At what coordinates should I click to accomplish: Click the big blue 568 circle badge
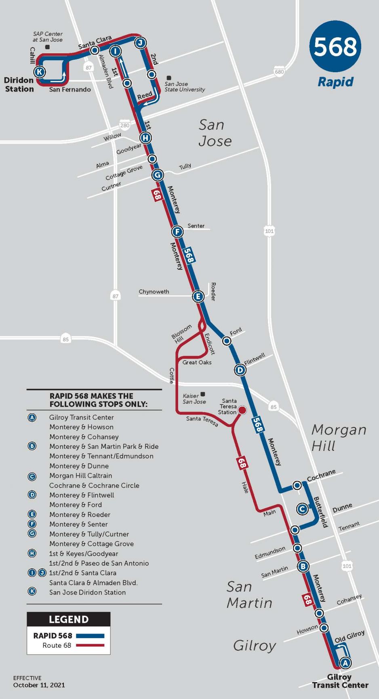tap(335, 46)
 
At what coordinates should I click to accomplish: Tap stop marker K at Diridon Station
tap(39, 72)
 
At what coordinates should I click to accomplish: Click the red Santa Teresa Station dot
tap(242, 410)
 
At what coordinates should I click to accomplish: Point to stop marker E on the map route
tap(198, 297)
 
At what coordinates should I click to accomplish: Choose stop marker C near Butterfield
tap(302, 509)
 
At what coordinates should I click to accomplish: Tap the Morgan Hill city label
tap(339, 438)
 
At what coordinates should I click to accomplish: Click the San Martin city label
tap(249, 594)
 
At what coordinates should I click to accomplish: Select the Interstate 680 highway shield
tap(279, 72)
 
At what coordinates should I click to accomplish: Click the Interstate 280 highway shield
tap(125, 126)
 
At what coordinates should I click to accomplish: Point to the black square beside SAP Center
tap(47, 47)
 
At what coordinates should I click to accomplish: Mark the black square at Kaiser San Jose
tap(203, 394)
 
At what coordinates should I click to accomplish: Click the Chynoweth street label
tap(154, 292)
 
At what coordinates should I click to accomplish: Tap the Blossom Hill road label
tap(181, 334)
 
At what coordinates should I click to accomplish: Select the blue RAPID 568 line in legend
tap(90, 636)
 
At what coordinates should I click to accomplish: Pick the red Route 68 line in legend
tap(90, 645)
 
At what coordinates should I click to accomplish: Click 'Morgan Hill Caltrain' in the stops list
tap(80, 476)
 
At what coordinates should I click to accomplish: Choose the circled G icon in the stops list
tap(32, 534)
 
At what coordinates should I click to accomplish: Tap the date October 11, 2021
tap(39, 685)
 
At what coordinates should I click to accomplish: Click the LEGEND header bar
tap(68, 619)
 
